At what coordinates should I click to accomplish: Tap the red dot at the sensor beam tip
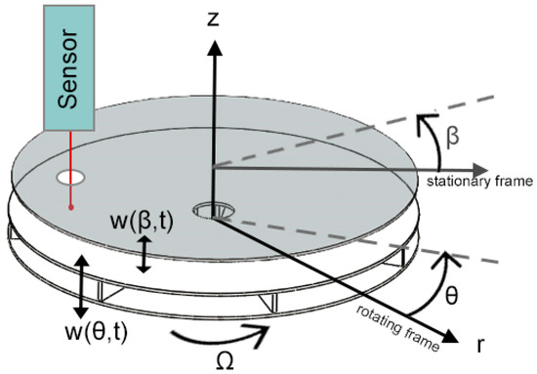[x=70, y=206]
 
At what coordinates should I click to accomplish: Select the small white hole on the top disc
[x=70, y=180]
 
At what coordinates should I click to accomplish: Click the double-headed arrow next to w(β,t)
[x=145, y=256]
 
